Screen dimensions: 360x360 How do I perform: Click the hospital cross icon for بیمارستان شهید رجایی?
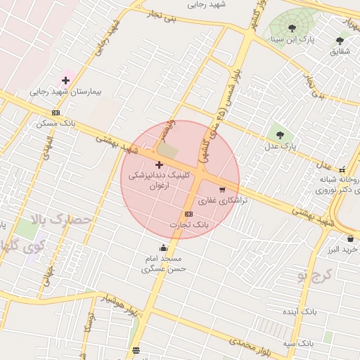click(x=66, y=81)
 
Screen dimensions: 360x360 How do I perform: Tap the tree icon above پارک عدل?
click(x=280, y=134)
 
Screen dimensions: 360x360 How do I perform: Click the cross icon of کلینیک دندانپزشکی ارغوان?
click(x=159, y=165)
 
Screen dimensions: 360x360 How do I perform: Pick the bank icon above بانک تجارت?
click(x=188, y=214)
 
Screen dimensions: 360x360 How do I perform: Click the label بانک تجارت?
click(x=190, y=224)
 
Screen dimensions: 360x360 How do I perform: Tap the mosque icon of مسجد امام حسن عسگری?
click(x=164, y=247)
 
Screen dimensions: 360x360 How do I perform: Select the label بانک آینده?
click(x=300, y=311)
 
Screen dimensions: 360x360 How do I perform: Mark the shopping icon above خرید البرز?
click(x=350, y=239)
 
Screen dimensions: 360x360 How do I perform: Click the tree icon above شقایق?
click(x=340, y=41)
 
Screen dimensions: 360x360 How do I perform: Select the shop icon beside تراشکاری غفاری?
click(x=223, y=189)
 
